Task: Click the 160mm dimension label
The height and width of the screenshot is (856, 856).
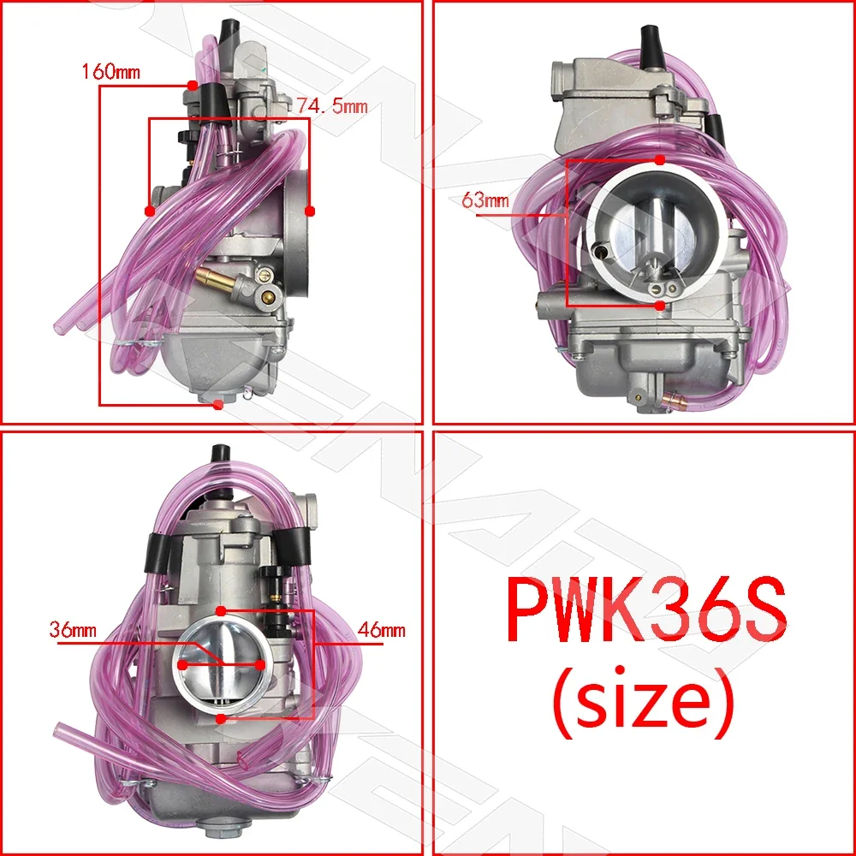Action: coord(110,72)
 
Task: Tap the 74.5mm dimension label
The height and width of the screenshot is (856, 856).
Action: coord(332,106)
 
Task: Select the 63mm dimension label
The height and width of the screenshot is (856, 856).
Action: coord(485,201)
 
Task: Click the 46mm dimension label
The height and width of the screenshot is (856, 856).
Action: coord(382,630)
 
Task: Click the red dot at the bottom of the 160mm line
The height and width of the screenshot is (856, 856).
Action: coord(218,404)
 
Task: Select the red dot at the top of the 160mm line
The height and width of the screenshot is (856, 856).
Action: coord(193,86)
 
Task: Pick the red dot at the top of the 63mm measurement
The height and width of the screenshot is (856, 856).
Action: coord(658,160)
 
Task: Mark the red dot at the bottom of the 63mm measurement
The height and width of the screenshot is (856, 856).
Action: coord(658,305)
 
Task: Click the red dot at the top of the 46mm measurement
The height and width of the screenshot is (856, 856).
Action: coord(221,611)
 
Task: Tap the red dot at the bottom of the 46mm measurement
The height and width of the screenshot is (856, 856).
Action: coord(221,720)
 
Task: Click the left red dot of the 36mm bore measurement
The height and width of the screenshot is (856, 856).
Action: coord(182,665)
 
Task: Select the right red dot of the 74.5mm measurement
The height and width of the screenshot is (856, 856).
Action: coord(310,211)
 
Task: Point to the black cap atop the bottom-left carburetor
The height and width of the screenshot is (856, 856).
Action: coord(219,455)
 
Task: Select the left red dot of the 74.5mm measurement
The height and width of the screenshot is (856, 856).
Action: coord(150,211)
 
